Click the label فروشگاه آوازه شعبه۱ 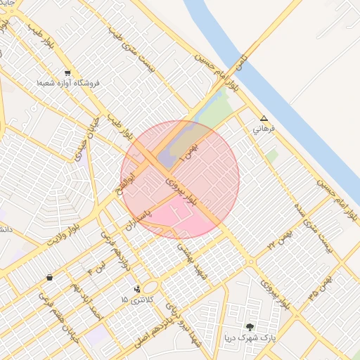[x=69, y=83]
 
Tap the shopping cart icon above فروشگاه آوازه [x=67, y=72]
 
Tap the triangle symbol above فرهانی [x=264, y=119]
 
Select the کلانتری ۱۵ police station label [x=134, y=300]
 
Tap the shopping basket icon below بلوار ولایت [x=49, y=277]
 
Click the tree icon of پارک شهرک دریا [x=250, y=326]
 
